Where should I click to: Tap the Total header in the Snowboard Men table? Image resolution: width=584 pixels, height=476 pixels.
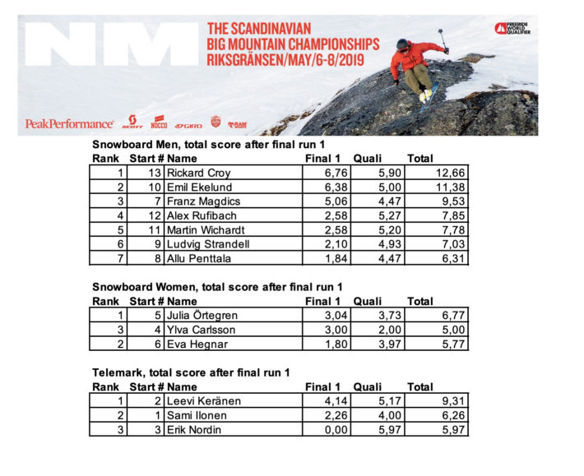tap(420, 159)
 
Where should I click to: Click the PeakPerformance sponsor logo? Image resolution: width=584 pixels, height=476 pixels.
tap(69, 124)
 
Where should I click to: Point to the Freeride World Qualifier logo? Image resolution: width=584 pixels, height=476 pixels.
tap(515, 29)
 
